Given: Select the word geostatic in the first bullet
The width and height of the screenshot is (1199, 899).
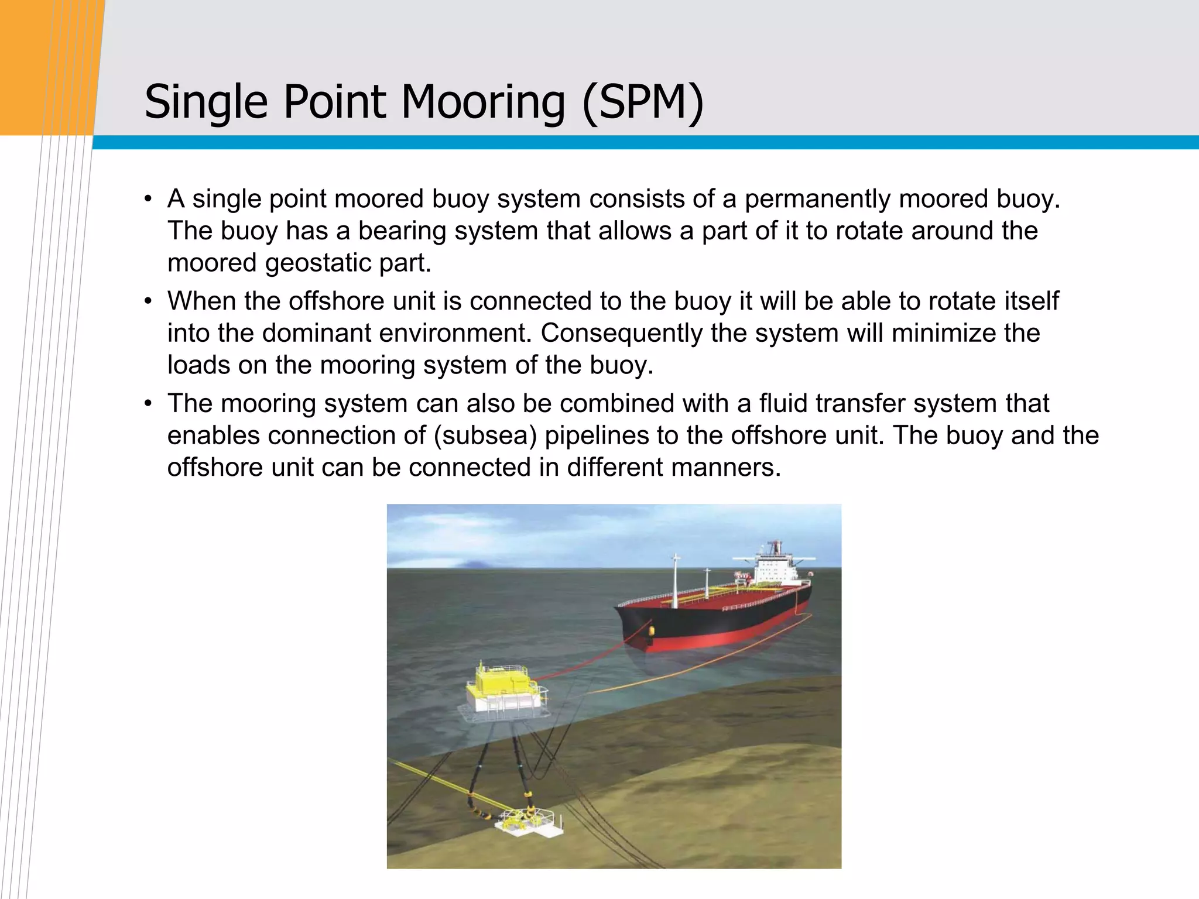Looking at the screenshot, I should (318, 263).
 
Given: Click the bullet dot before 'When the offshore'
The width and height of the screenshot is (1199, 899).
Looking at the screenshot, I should (149, 302).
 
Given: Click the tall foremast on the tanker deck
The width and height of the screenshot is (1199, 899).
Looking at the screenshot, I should (676, 579).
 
